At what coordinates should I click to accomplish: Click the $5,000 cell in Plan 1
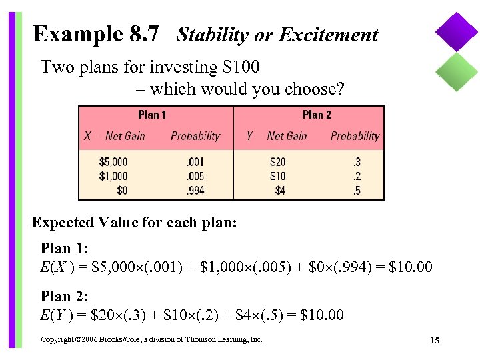point(113,162)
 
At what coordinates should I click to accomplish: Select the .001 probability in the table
point(195,162)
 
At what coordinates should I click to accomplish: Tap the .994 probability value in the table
point(195,191)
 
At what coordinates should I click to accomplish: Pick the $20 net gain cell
point(277,162)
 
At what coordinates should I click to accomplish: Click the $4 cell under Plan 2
point(280,191)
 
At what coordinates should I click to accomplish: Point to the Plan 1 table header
point(152,115)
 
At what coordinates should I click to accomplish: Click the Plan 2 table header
point(317,115)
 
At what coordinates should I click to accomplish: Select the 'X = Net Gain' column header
point(115,136)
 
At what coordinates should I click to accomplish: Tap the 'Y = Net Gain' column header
point(277,136)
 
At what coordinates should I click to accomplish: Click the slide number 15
point(434,341)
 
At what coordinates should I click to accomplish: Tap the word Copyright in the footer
point(57,340)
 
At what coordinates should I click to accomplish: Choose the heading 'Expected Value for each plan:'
point(134,223)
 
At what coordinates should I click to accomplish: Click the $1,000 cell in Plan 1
point(113,177)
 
